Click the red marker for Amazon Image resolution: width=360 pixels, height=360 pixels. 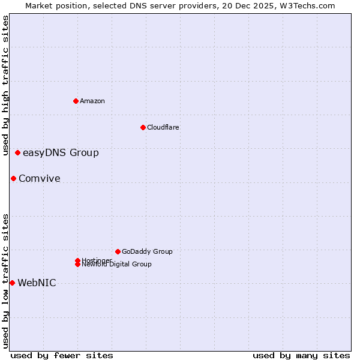[x=76, y=101]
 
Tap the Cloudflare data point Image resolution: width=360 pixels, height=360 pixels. [x=143, y=127]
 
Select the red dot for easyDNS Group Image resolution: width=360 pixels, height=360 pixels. [x=17, y=153]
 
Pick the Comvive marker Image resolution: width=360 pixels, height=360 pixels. [x=13, y=178]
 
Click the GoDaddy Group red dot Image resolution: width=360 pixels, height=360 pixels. [x=118, y=251]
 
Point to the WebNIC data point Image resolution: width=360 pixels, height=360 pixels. [x=12, y=283]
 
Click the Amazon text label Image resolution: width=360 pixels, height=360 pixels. [x=92, y=101]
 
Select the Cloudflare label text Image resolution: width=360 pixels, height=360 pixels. [x=163, y=127]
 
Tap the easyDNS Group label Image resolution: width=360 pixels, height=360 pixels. [x=61, y=153]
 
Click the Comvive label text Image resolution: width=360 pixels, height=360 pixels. [x=40, y=179]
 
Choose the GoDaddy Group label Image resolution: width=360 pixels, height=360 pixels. [x=147, y=251]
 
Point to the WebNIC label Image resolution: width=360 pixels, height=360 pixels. [x=37, y=283]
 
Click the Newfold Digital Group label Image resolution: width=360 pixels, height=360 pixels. [x=116, y=264]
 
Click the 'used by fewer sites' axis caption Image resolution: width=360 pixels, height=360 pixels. [x=62, y=355]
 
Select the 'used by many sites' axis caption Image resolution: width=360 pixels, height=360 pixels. [x=301, y=355]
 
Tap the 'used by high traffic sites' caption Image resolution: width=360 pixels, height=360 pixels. [x=5, y=85]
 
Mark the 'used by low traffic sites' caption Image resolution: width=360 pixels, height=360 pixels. [x=5, y=281]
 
